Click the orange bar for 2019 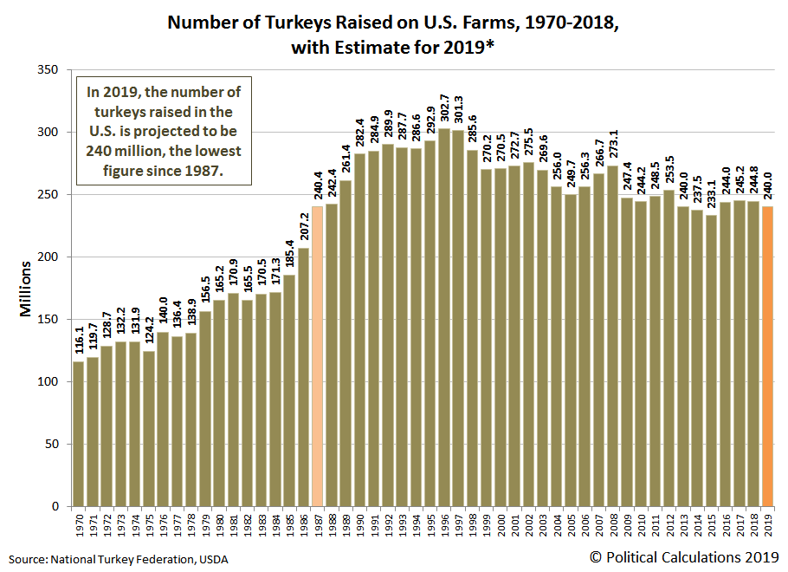pos(767,357)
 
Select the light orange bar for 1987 pos(317,356)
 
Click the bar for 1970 pos(79,433)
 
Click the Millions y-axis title pos(26,288)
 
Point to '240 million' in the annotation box pos(134,151)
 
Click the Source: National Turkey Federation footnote pos(119,559)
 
